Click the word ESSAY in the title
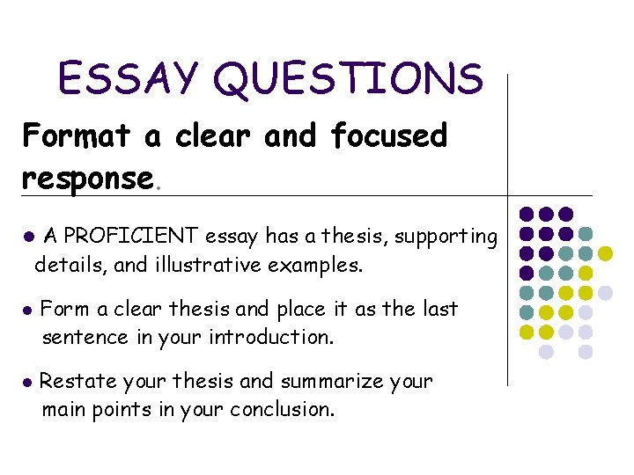coord(129,78)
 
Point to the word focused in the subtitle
coord(388,136)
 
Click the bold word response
coord(87,178)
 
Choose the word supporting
coord(447,237)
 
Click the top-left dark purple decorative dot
coord(527,214)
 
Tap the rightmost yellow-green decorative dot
coord(605,253)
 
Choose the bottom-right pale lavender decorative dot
coord(586,352)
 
